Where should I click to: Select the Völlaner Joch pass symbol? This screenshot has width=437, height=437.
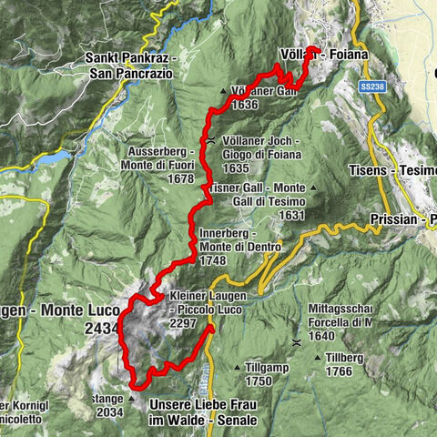(211, 141)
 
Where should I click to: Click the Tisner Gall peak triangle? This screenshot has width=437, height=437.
(313, 188)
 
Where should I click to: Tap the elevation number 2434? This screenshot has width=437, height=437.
(99, 327)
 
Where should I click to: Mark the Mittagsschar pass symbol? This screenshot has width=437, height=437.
(297, 341)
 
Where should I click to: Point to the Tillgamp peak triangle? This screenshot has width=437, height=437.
(238, 367)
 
